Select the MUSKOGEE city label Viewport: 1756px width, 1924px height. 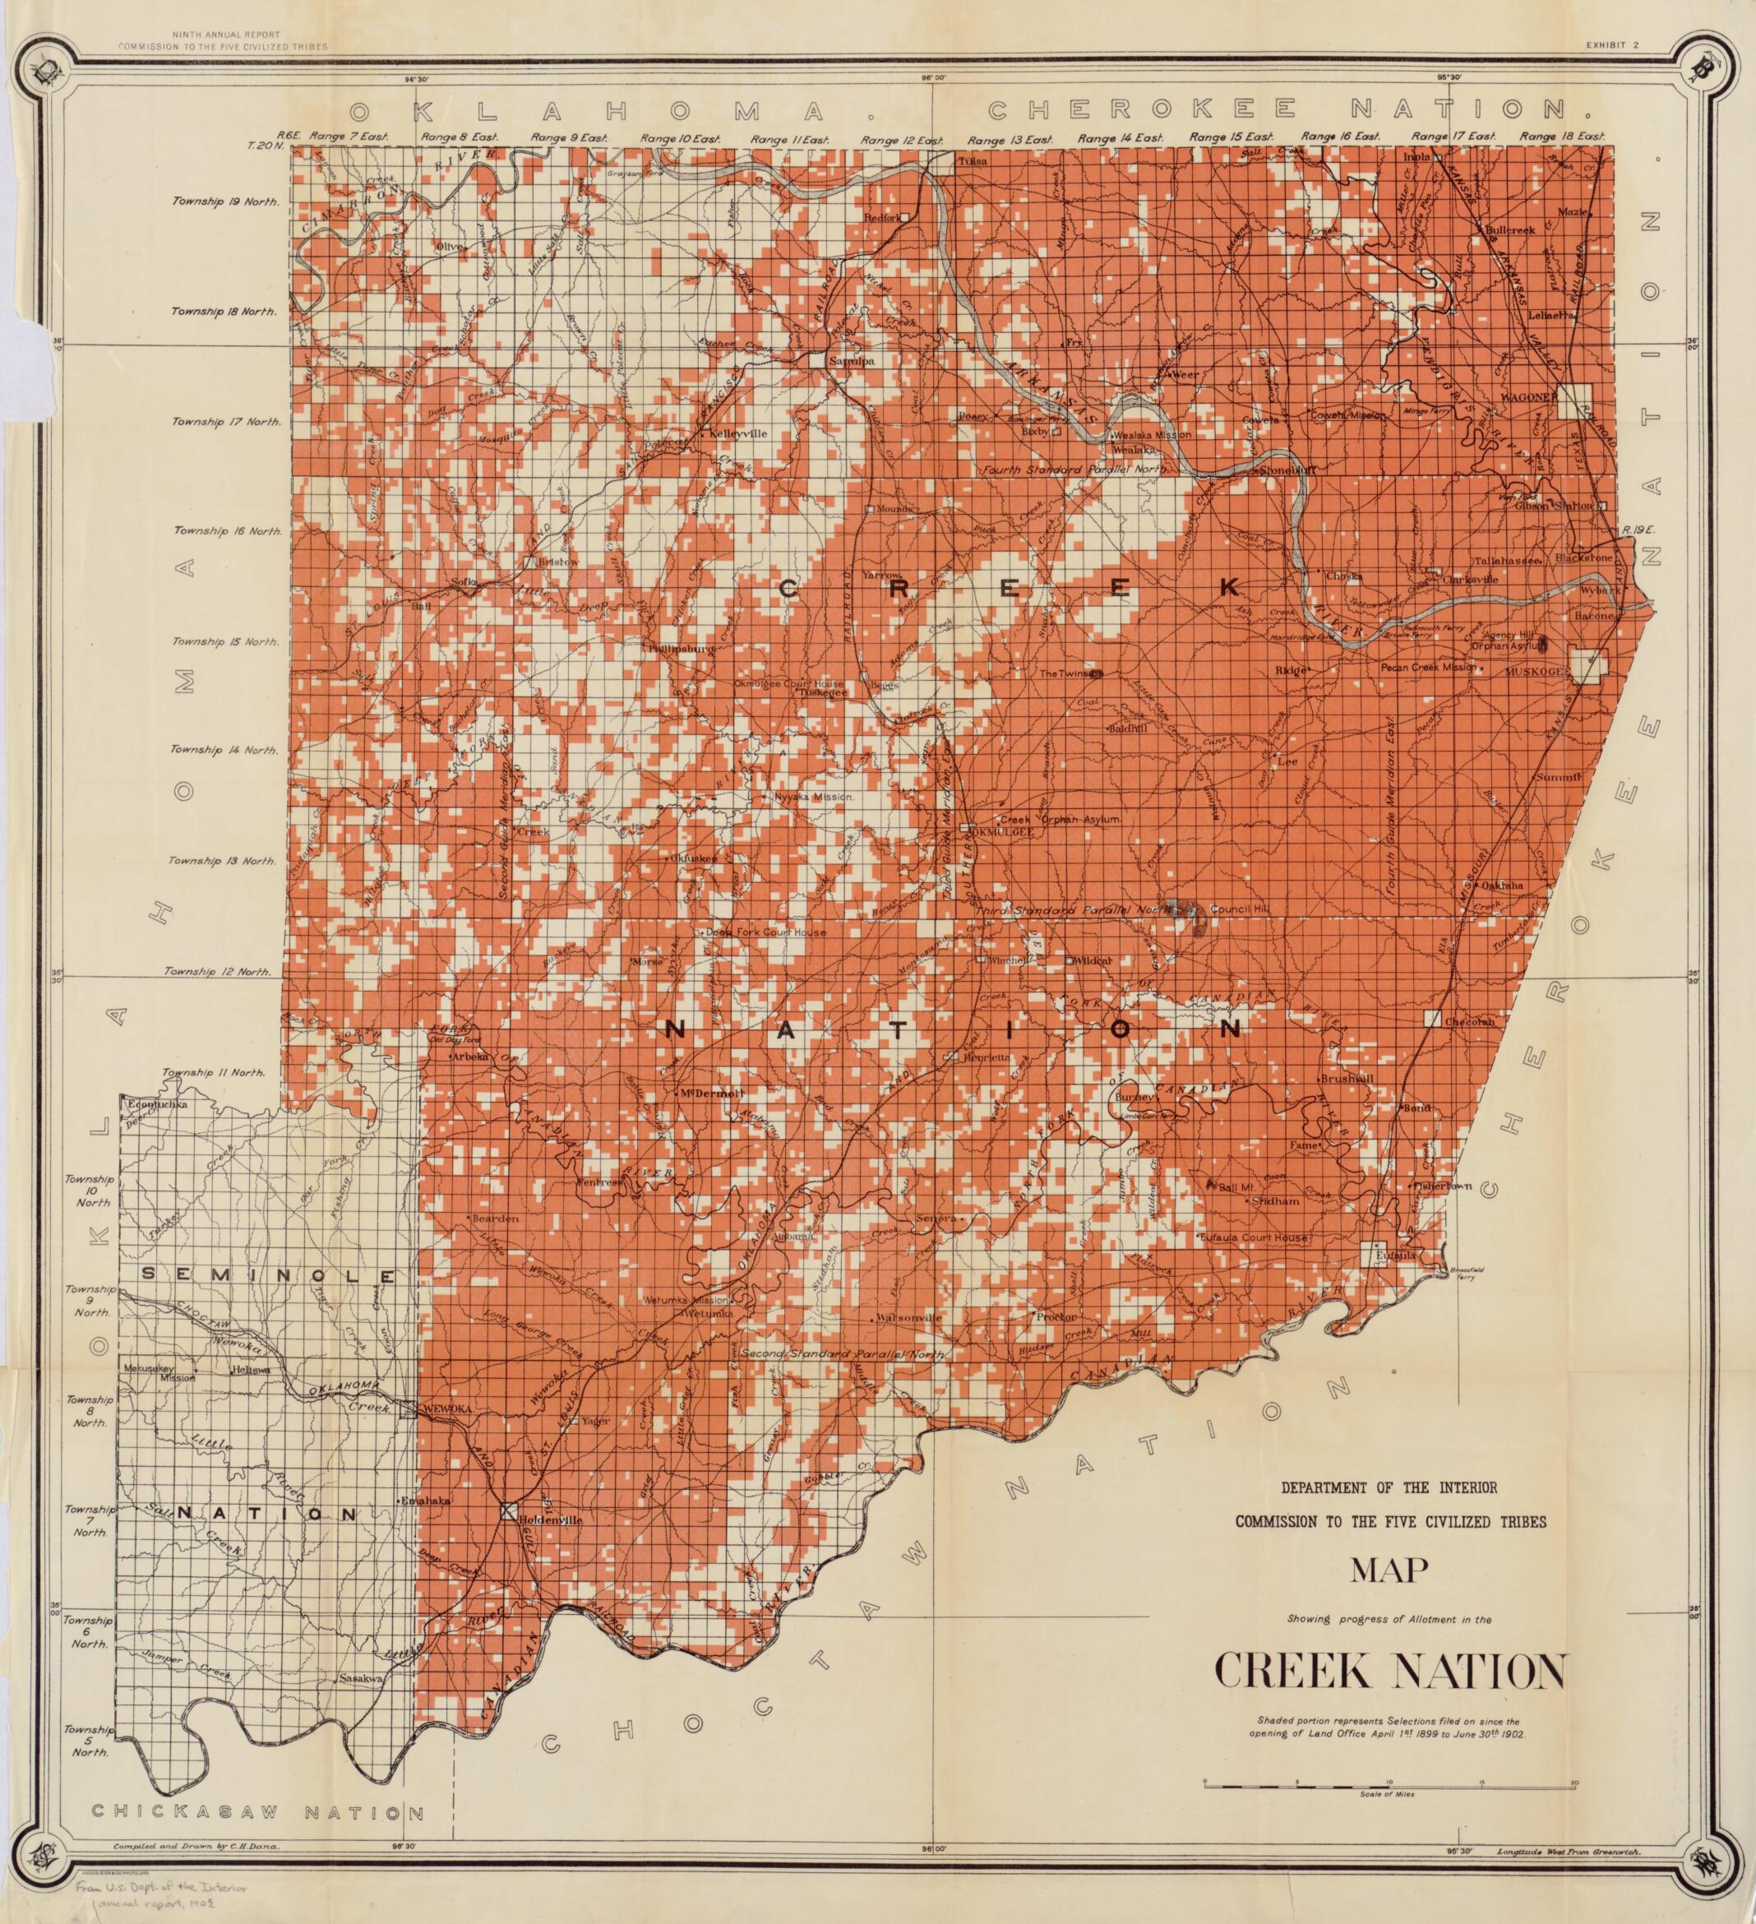tap(1536, 672)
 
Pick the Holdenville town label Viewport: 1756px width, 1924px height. tap(550, 1519)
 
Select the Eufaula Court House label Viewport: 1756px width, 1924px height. tap(1263, 1237)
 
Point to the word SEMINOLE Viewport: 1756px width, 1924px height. tap(267, 1275)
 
